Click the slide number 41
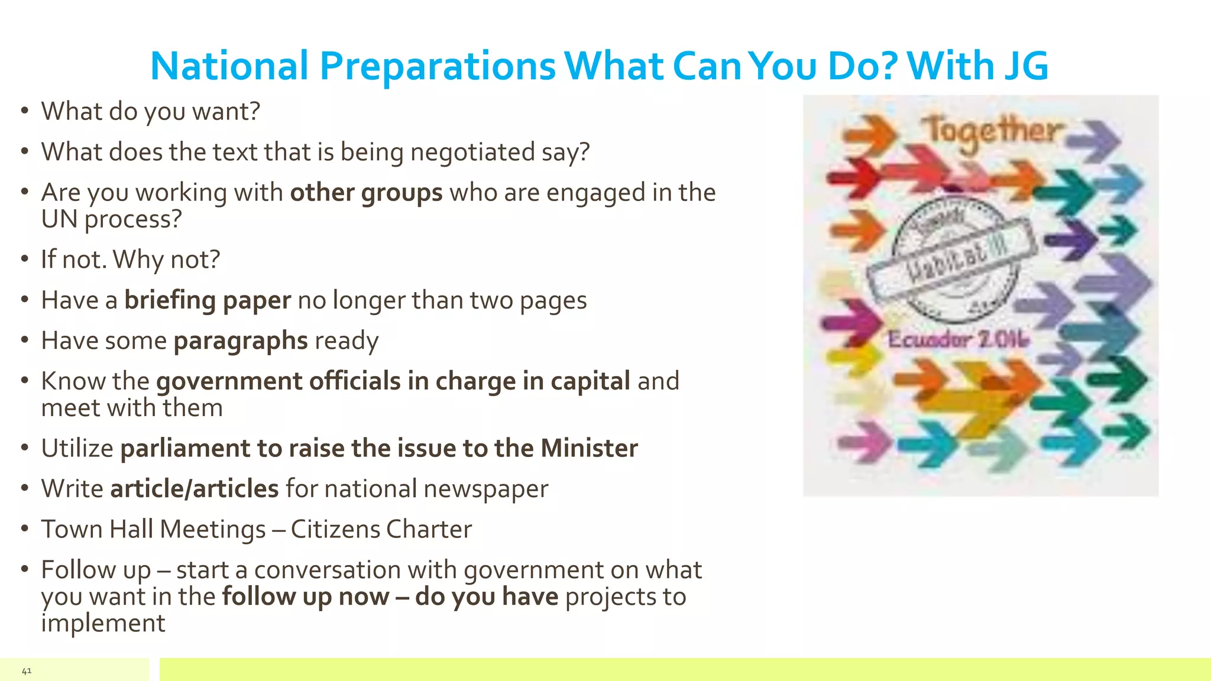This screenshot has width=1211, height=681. pyautogui.click(x=27, y=670)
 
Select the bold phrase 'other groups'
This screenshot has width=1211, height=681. pyautogui.click(x=366, y=193)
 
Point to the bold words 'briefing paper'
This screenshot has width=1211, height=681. pyautogui.click(x=208, y=300)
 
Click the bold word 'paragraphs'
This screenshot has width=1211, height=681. pyautogui.click(x=241, y=341)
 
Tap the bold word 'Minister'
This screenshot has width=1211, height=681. pyautogui.click(x=590, y=448)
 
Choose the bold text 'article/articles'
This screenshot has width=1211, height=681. pyautogui.click(x=195, y=489)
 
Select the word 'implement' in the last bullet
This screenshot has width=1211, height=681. pyautogui.click(x=103, y=623)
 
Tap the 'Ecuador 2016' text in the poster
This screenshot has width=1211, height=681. pyautogui.click(x=958, y=339)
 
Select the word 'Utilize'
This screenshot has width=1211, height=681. pyautogui.click(x=77, y=448)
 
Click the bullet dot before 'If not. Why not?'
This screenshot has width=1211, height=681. pyautogui.click(x=24, y=258)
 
